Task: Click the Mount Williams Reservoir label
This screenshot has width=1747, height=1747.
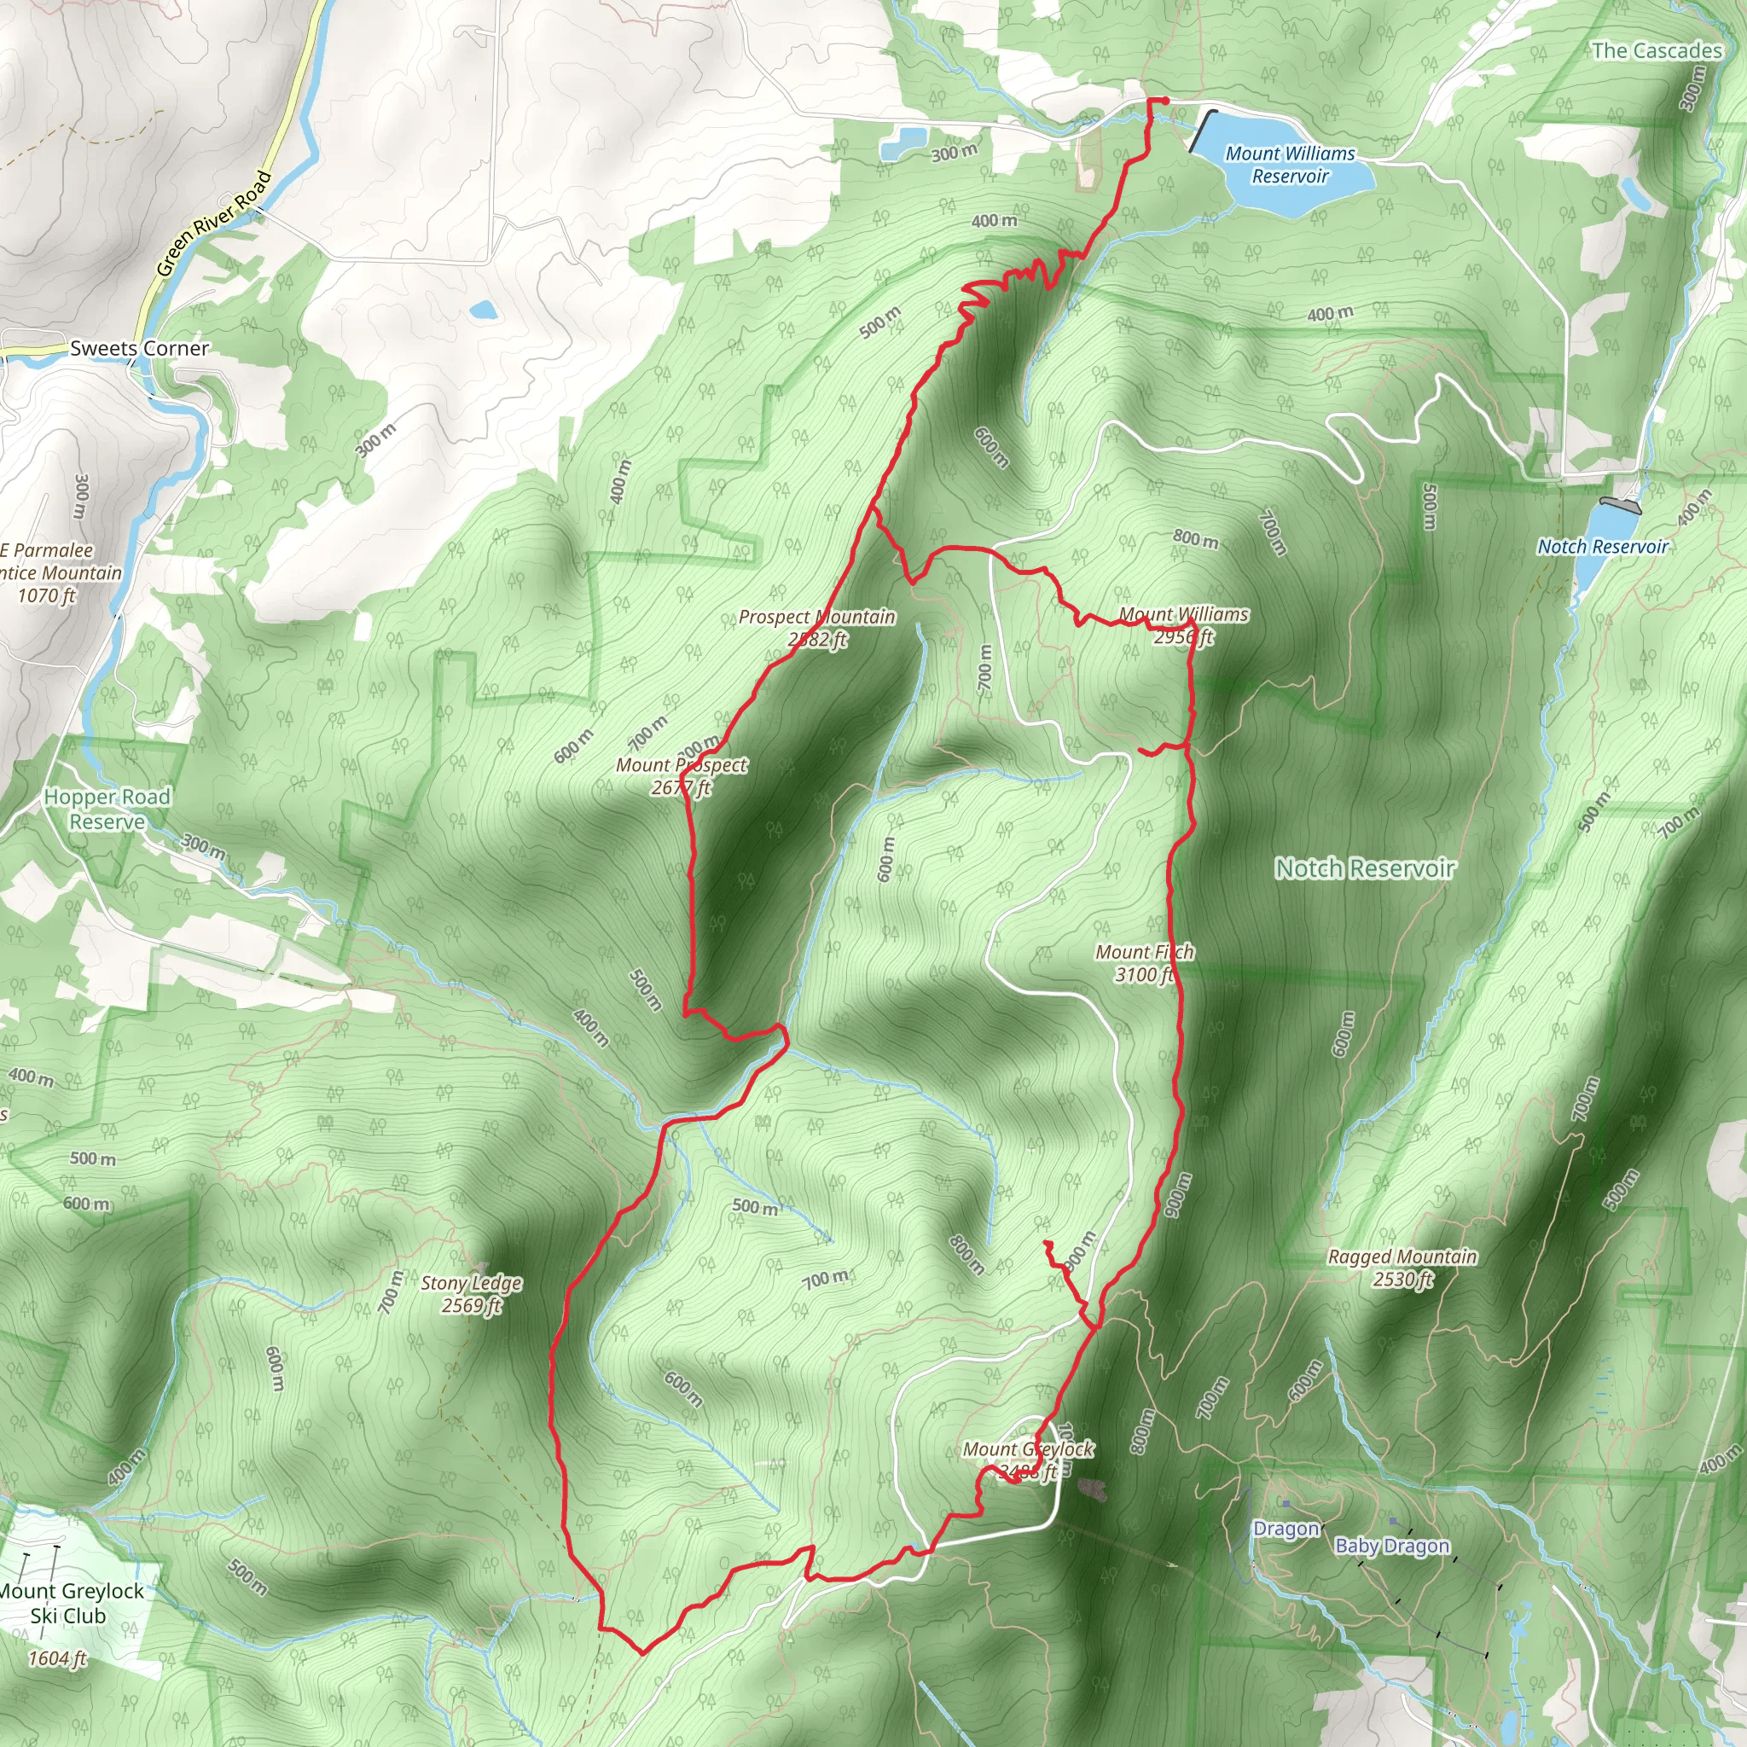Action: point(1290,165)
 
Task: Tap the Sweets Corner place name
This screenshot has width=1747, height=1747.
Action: point(139,348)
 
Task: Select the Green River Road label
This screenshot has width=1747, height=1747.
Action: point(213,223)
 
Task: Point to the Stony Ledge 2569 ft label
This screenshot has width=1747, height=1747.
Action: point(471,1294)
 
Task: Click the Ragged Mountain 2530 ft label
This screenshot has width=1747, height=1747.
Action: point(1402,1268)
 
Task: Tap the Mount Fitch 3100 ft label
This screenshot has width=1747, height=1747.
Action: point(1144,963)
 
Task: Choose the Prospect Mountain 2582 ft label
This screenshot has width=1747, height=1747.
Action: point(816,628)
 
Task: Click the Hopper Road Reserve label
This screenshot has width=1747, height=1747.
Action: point(107,810)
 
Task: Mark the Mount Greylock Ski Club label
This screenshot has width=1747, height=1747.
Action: point(71,1603)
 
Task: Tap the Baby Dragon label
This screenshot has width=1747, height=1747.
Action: point(1391,1547)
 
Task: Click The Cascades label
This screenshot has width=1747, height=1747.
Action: point(1657,50)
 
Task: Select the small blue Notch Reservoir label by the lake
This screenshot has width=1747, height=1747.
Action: point(1602,546)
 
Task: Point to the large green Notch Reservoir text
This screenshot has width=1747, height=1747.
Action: point(1365,868)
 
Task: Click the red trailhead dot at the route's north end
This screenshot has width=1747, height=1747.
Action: point(1165,102)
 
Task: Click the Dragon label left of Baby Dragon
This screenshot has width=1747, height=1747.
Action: point(1285,1529)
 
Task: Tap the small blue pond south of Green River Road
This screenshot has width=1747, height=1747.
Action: point(483,311)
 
